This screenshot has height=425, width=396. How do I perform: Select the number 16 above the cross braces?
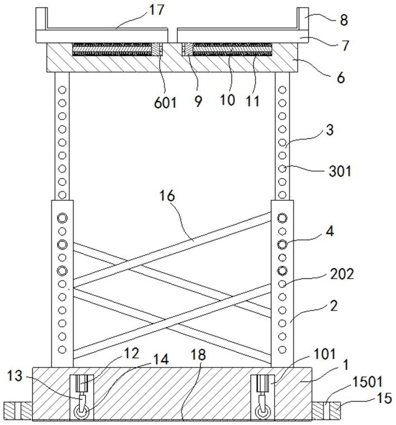point(167,196)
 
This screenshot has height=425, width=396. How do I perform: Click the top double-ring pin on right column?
point(283,218)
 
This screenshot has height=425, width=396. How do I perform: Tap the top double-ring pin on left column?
point(62,218)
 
